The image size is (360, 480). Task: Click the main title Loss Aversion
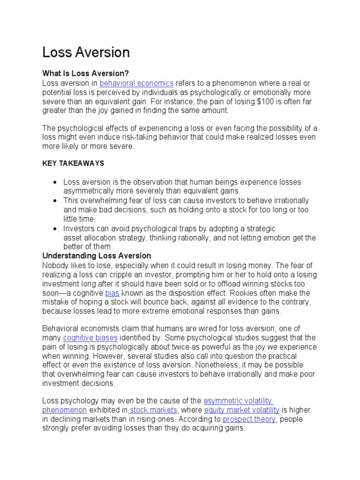(86, 52)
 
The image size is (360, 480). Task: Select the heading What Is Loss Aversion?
(85, 73)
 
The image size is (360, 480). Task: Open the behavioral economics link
(136, 82)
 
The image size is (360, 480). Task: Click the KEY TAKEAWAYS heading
(73, 164)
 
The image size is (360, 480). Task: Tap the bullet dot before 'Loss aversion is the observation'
(56, 182)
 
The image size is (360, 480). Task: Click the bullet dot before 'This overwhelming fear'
(56, 201)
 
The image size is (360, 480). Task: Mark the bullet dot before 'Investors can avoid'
(56, 229)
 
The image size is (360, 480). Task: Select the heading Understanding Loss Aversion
(97, 256)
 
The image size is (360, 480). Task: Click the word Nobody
(55, 265)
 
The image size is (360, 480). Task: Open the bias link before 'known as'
(112, 293)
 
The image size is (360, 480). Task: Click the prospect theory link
(249, 419)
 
